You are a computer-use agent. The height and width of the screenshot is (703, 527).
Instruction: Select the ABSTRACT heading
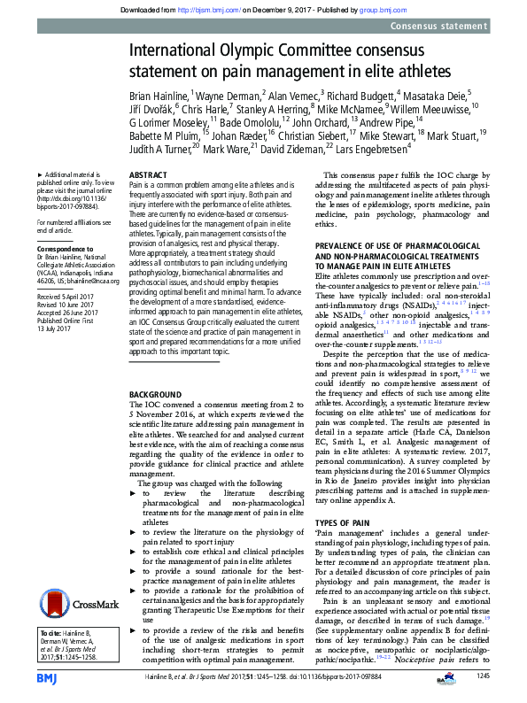click(149, 176)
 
